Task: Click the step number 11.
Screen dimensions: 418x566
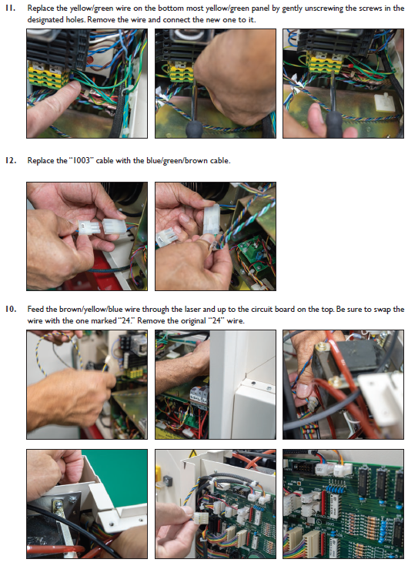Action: point(10,8)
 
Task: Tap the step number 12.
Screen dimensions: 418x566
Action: point(11,160)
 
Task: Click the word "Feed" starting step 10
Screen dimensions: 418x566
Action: point(35,309)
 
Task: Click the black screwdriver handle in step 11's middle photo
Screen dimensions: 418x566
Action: point(193,128)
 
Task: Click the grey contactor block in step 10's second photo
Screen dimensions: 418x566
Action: point(199,396)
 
